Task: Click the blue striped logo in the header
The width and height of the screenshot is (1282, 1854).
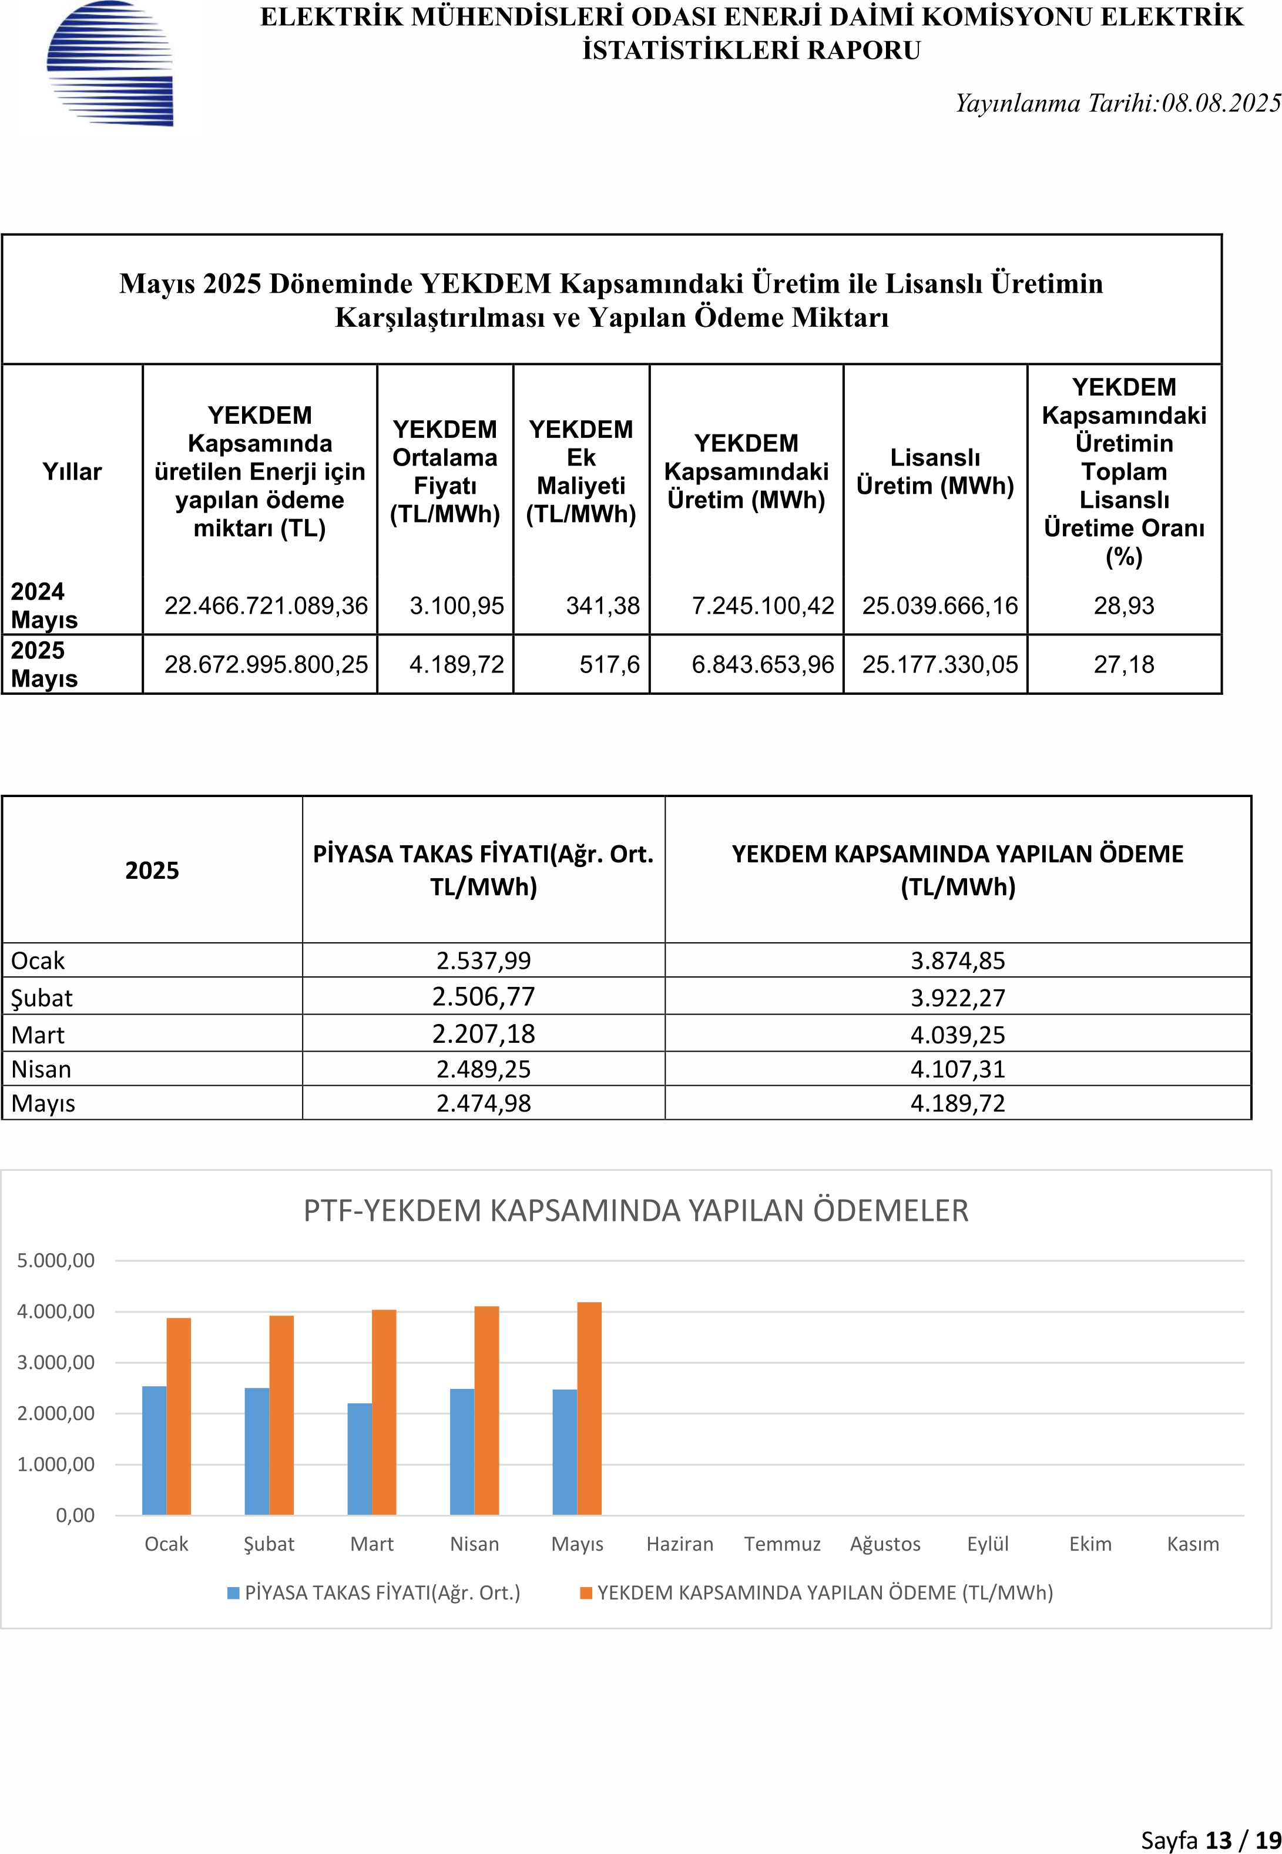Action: click(110, 63)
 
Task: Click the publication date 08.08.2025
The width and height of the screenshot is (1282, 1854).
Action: click(1221, 103)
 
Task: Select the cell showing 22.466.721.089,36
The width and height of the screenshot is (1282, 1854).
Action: click(266, 605)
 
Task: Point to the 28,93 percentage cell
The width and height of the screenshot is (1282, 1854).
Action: click(1124, 605)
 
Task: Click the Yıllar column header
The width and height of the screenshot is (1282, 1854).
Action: click(72, 472)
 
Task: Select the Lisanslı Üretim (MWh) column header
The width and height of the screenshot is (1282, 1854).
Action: click(935, 472)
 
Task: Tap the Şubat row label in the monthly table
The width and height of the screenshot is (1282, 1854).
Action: click(42, 998)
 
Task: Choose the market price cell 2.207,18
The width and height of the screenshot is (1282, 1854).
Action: click(484, 1033)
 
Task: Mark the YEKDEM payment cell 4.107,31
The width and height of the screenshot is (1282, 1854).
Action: click(958, 1069)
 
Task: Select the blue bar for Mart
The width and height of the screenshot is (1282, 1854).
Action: click(360, 1458)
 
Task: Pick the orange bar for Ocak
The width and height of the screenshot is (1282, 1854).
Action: click(179, 1416)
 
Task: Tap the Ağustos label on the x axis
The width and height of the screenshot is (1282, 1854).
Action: click(885, 1544)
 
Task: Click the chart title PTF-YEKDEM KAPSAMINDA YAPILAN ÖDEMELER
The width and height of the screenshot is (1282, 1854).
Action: click(636, 1210)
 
